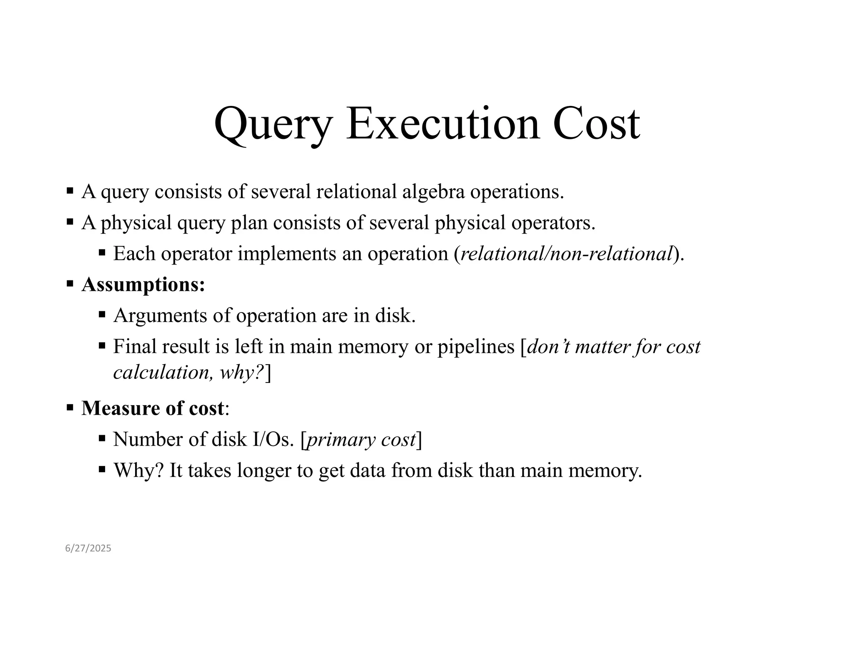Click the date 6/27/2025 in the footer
coord(88,548)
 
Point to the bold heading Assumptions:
coord(143,285)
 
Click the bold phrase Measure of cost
coord(153,408)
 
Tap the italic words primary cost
coord(362,439)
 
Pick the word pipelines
coord(476,347)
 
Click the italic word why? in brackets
coord(242,372)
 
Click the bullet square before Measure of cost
coord(70,407)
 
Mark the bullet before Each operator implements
coord(102,252)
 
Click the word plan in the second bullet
coord(249,223)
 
